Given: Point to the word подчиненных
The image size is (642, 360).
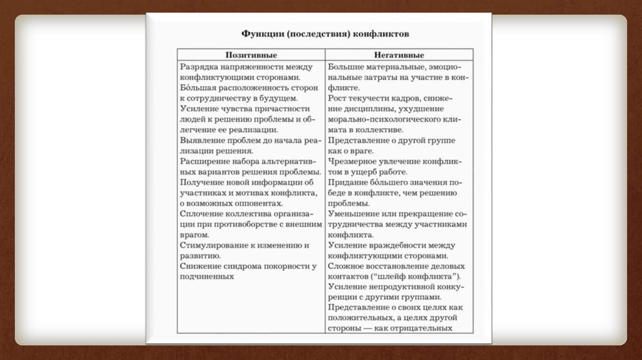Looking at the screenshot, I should (x=207, y=276).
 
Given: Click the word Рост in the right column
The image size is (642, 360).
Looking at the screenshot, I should (x=336, y=98).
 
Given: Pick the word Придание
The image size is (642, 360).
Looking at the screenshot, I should (x=347, y=182).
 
